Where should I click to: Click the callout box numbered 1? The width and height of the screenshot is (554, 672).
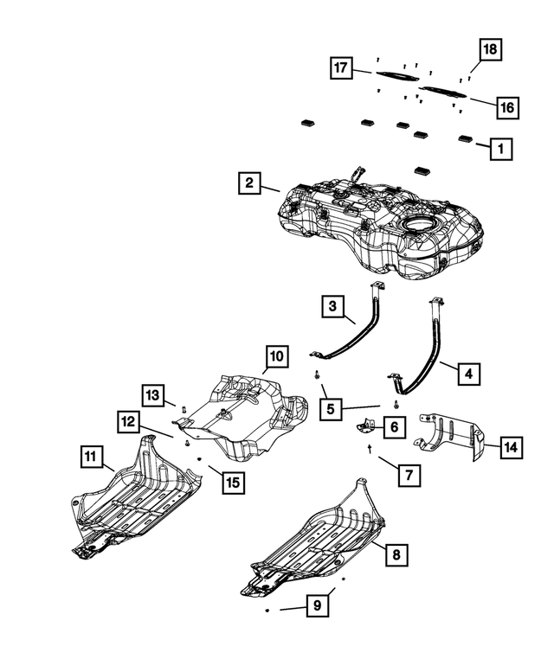click(499, 149)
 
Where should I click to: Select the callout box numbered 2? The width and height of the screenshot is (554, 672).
click(249, 182)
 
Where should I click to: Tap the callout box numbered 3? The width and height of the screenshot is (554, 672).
click(332, 305)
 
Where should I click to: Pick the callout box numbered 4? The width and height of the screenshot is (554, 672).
click(467, 374)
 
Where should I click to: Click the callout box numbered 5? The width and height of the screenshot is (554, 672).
click(332, 406)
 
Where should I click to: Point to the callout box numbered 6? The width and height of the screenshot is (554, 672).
click(392, 426)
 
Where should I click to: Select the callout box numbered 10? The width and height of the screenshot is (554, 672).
click(275, 356)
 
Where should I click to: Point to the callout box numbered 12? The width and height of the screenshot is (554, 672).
click(128, 422)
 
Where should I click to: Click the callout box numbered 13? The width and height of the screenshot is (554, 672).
click(152, 394)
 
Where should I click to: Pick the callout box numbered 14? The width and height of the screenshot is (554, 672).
click(511, 447)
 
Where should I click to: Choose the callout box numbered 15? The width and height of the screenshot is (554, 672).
click(231, 483)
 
